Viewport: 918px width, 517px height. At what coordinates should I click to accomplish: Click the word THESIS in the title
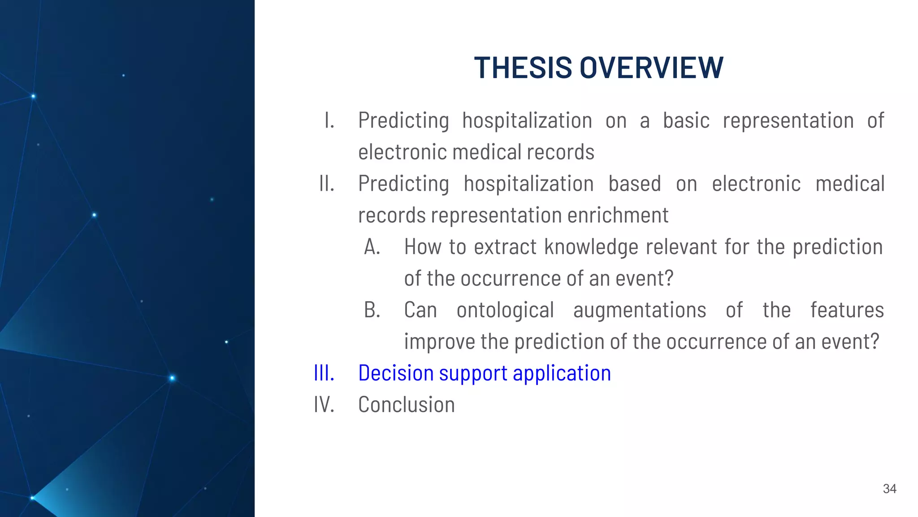pyautogui.click(x=523, y=68)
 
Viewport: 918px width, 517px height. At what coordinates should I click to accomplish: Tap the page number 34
pyautogui.click(x=889, y=489)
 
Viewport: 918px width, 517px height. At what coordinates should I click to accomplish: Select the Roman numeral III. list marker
pyautogui.click(x=324, y=373)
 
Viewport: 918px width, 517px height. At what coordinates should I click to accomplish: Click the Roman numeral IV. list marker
pyautogui.click(x=324, y=404)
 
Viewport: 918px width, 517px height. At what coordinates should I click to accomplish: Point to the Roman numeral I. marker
pyautogui.click(x=329, y=120)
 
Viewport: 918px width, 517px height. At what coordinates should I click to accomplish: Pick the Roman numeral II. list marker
pyautogui.click(x=327, y=184)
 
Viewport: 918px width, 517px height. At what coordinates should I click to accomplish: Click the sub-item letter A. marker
pyautogui.click(x=372, y=247)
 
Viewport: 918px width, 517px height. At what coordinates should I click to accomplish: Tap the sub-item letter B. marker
pyautogui.click(x=372, y=310)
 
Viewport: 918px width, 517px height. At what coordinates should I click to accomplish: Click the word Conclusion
pyautogui.click(x=406, y=404)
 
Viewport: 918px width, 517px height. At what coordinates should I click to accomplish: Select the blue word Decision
pyautogui.click(x=396, y=373)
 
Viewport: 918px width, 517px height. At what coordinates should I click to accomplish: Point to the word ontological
pyautogui.click(x=505, y=310)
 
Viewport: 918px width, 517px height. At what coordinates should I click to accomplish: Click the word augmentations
pyautogui.click(x=640, y=310)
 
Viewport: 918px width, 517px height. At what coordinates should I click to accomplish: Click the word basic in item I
pyautogui.click(x=686, y=120)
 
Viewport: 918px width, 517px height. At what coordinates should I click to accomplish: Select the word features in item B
pyautogui.click(x=847, y=310)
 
